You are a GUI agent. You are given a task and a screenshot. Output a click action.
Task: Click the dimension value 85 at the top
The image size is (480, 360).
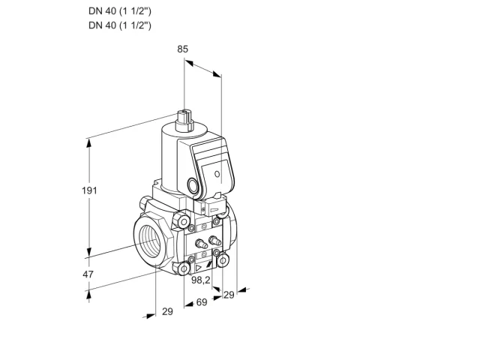coord(182,49)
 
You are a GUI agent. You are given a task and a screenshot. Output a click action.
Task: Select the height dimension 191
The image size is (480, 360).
coord(89,190)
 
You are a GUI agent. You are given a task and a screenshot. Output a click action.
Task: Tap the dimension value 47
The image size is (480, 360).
coord(88,274)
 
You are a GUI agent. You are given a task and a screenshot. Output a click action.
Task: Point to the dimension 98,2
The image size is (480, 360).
coord(201,280)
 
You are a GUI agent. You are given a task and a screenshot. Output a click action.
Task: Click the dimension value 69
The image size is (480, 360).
coord(202,302)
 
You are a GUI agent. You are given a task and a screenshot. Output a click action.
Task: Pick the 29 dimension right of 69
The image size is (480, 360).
coord(229,295)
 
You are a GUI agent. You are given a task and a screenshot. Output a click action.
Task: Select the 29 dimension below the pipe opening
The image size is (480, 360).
coord(167,312)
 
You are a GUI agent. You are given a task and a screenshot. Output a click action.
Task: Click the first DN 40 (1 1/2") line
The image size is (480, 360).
coord(120,11)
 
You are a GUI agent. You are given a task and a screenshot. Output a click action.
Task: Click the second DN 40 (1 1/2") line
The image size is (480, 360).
coord(120,25)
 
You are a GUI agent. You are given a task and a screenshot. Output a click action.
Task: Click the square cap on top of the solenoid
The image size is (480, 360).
coord(185,120)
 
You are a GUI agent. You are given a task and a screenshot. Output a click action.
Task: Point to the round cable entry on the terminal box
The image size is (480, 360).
coord(193,185)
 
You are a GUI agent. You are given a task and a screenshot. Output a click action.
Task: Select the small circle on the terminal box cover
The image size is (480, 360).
coord(217,174)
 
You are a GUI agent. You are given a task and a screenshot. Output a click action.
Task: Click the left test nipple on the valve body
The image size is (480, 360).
coord(201,243)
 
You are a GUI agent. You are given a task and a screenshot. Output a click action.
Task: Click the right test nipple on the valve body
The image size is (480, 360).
coord(214,240)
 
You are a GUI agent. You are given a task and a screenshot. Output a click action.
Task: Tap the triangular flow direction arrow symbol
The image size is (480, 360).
coord(199,268)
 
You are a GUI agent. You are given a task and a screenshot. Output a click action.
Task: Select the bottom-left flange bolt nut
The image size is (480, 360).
coord(184,268)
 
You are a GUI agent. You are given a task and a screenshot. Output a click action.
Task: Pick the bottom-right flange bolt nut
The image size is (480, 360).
coord(223,260)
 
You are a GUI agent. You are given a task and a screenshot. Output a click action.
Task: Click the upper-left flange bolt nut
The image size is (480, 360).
coord(183,222)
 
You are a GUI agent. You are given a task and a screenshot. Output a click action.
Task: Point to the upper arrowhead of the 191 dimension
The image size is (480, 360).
coord(89,143)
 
